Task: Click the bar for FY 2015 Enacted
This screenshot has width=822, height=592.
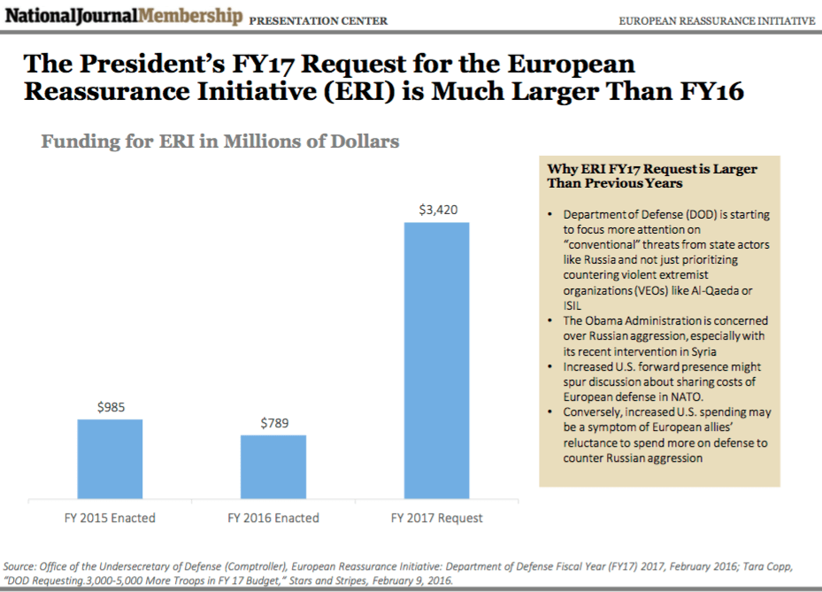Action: (110, 457)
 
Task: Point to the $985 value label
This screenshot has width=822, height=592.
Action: (111, 408)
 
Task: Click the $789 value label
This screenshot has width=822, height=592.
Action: (273, 424)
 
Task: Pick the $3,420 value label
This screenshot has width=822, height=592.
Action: (437, 210)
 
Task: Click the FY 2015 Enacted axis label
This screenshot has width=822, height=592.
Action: (111, 518)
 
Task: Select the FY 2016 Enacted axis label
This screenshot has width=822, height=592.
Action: (273, 518)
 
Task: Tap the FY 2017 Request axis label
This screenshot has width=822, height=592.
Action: (437, 518)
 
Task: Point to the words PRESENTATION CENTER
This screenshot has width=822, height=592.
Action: (319, 20)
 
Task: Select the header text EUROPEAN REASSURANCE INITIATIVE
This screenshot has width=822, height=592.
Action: (717, 20)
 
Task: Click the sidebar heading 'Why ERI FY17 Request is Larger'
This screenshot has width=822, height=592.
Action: (652, 169)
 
